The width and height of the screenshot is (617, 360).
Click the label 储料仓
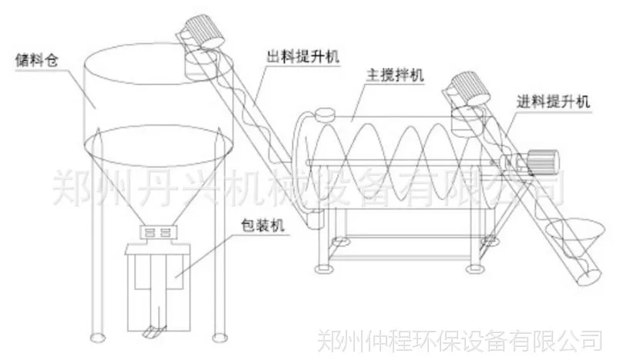[x=37, y=60]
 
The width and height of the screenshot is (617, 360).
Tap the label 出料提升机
[x=303, y=56]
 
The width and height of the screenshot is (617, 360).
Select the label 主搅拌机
[x=395, y=75]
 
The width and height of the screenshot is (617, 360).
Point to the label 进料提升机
[x=553, y=102]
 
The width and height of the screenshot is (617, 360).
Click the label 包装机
[x=262, y=225]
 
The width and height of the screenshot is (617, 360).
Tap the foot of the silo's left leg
[x=97, y=338]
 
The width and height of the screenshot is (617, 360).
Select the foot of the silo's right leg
[x=220, y=338]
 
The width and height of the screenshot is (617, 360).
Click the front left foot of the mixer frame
[x=323, y=269]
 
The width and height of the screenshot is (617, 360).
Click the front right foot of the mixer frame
[x=475, y=269]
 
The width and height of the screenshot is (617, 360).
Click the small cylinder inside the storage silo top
[x=201, y=66]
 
